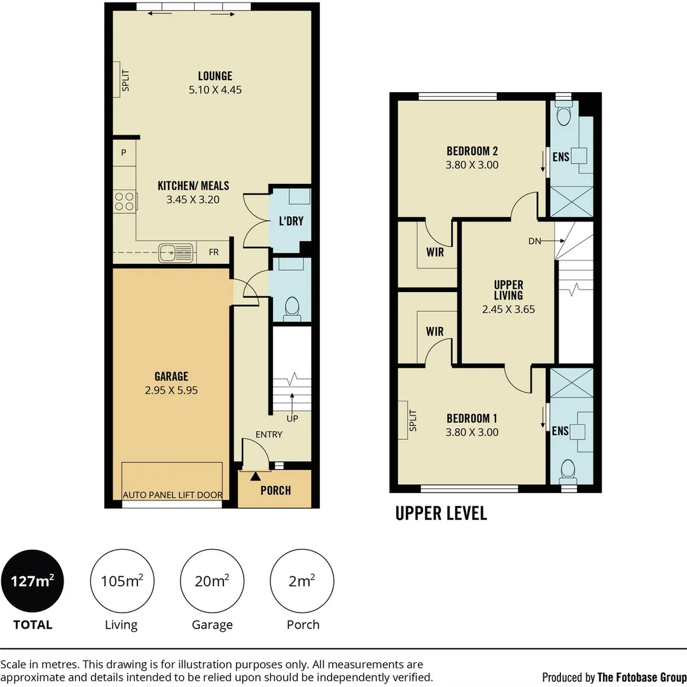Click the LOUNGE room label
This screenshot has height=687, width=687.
[x=215, y=76]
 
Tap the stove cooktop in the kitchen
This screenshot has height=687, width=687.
[x=125, y=202]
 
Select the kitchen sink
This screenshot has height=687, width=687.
[x=176, y=253]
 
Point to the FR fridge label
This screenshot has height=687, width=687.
[x=214, y=253]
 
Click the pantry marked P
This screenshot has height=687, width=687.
[x=124, y=153]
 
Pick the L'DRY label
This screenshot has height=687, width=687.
[x=291, y=221]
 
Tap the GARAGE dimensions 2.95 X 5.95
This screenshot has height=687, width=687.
[x=171, y=390]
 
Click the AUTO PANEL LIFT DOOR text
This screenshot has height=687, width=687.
[x=172, y=495]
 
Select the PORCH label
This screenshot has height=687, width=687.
[x=275, y=490]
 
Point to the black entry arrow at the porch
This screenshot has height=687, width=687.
[x=256, y=476]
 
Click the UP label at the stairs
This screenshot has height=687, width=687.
[x=292, y=419]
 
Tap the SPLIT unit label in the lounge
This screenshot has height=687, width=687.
[x=126, y=80]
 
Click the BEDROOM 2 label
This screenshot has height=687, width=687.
[x=472, y=151]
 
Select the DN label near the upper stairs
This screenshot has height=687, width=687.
[x=534, y=241]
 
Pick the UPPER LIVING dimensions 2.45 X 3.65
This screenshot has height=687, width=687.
[x=508, y=309]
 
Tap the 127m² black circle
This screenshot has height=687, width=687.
[x=32, y=581]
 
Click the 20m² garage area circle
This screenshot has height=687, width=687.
[x=212, y=581]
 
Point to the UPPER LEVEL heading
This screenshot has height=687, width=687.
[x=441, y=513]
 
